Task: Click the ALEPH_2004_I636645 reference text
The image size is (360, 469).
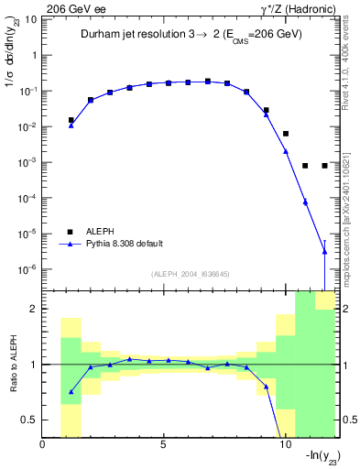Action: click(x=190, y=274)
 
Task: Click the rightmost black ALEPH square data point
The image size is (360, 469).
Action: click(x=324, y=166)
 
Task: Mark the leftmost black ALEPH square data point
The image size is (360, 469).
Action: click(x=71, y=120)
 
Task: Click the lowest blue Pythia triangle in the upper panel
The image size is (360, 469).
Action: click(x=324, y=251)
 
